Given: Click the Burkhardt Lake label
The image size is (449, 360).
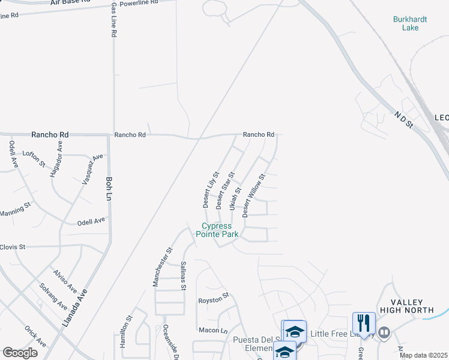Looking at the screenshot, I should [x=410, y=23].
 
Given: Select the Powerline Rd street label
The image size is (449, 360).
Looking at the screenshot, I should [x=138, y=4].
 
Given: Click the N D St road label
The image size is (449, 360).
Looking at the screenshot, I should [x=404, y=119].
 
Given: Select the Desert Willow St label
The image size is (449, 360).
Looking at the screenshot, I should [x=253, y=196].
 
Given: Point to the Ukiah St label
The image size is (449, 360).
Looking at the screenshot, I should [x=235, y=199].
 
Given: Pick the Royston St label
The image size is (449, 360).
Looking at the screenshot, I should [x=214, y=297].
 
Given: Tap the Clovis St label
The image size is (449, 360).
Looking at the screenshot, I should [x=13, y=247].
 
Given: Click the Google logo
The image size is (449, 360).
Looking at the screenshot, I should [x=20, y=352].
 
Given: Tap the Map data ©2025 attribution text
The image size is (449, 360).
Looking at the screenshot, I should [x=423, y=355].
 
